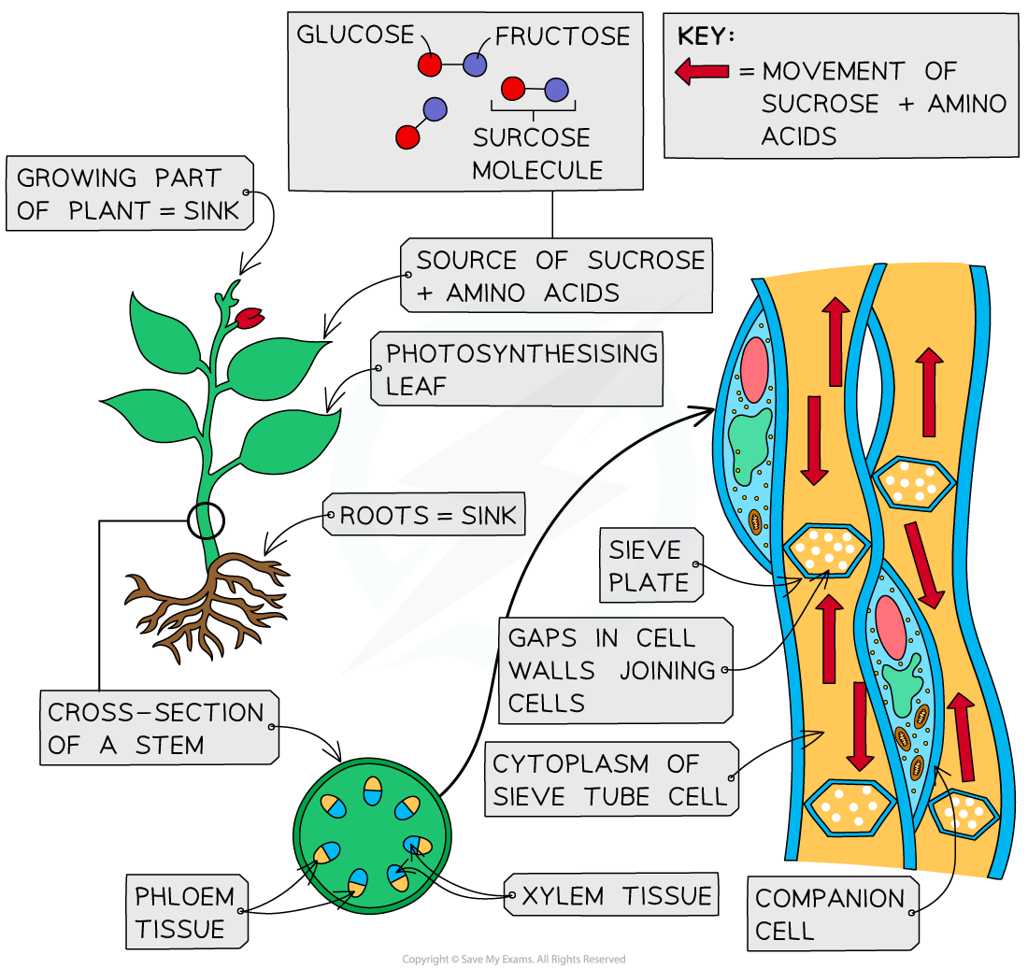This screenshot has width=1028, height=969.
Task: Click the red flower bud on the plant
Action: click(249, 318)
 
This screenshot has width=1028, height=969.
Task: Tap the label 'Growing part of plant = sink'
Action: click(130, 193)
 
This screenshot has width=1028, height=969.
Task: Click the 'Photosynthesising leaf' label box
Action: click(517, 369)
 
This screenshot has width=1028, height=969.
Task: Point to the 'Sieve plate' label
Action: click(650, 565)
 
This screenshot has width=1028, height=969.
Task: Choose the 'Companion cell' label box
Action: click(830, 914)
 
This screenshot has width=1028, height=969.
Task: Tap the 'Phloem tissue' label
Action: click(185, 913)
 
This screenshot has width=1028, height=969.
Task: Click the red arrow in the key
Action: click(702, 71)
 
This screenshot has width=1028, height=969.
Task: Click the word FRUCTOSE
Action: click(563, 36)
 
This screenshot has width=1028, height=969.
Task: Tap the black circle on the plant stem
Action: click(206, 520)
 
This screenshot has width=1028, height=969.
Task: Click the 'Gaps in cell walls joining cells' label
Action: click(613, 669)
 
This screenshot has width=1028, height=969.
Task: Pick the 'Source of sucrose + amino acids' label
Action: click(557, 276)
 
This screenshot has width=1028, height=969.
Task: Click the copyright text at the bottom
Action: click(513, 960)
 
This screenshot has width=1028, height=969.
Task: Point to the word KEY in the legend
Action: click(705, 36)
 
